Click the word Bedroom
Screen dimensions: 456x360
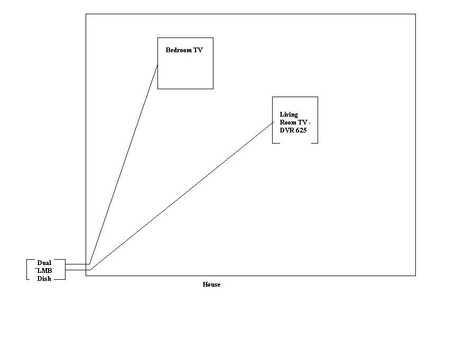[179, 50]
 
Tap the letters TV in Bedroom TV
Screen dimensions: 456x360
[198, 50]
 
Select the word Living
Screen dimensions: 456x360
[289, 115]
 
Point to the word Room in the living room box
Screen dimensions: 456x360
[288, 122]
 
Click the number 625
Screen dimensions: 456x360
[301, 130]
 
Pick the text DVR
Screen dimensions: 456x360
[287, 130]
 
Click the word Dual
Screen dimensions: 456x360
[44, 263]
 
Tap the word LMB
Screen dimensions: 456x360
[44, 270]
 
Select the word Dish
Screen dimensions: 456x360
[44, 278]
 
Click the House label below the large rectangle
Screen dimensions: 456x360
[211, 285]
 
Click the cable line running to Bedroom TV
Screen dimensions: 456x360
[124, 165]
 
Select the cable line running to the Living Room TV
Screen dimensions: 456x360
[182, 196]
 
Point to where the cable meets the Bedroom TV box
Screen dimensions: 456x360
[157, 65]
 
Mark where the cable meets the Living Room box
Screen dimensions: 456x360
[274, 122]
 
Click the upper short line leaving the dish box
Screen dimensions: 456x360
[77, 264]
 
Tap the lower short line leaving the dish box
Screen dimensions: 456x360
[78, 270]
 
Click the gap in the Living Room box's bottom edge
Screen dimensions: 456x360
[295, 143]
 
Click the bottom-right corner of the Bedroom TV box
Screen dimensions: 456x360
[213, 89]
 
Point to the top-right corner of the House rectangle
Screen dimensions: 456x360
[415, 14]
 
